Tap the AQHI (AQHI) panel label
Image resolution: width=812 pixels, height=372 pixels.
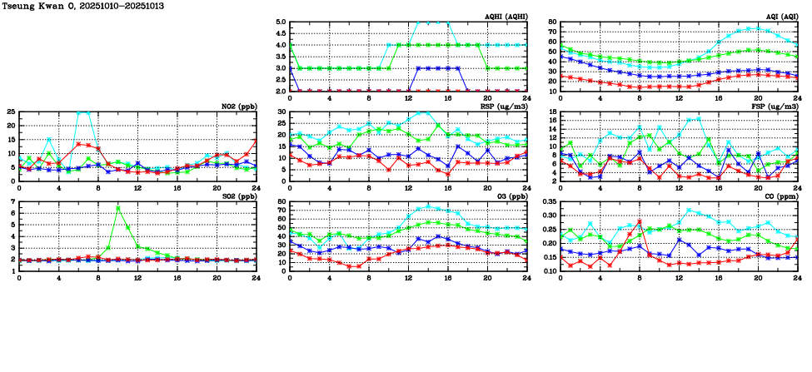[x=505, y=17]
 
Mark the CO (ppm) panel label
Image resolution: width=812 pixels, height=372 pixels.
[x=781, y=196]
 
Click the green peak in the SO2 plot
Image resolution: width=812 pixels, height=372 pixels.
[x=118, y=207]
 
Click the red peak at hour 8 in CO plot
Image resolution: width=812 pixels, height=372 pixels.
[x=639, y=221]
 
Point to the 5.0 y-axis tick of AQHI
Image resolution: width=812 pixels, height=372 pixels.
[x=281, y=22]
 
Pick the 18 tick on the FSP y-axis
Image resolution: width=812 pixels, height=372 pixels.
[x=552, y=112]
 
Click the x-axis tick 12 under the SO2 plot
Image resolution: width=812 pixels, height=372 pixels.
[x=137, y=277]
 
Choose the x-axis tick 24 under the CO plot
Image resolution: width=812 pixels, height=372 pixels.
[x=797, y=277]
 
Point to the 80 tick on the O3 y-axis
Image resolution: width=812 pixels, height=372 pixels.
[x=282, y=201]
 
